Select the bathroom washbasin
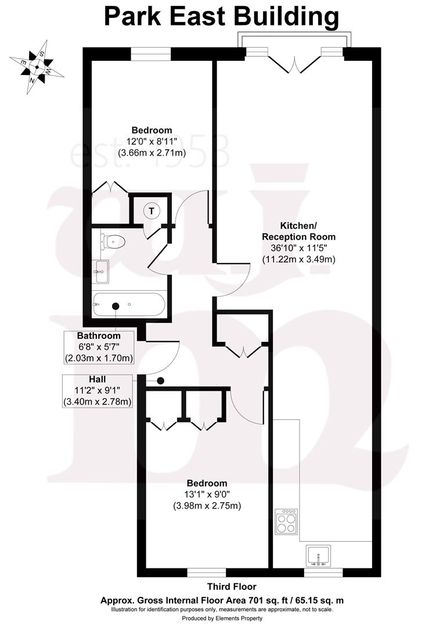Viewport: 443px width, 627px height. tap(101, 271)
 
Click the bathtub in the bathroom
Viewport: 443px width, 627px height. tap(129, 305)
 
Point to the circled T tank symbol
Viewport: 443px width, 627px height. tap(152, 211)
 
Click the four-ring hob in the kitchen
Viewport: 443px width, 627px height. tap(287, 521)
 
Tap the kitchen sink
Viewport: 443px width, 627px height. tap(318, 556)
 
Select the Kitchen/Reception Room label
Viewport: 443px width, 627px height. tap(298, 230)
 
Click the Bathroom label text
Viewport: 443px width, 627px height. tap(99, 336)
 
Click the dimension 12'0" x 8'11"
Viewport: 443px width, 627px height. tap(152, 142)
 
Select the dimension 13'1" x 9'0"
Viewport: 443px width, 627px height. tap(207, 495)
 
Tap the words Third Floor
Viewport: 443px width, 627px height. tap(231, 587)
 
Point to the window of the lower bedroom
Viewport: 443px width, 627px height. tap(207, 572)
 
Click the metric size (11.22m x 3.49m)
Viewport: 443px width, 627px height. tap(298, 259)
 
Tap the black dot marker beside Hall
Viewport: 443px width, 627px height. tap(161, 381)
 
